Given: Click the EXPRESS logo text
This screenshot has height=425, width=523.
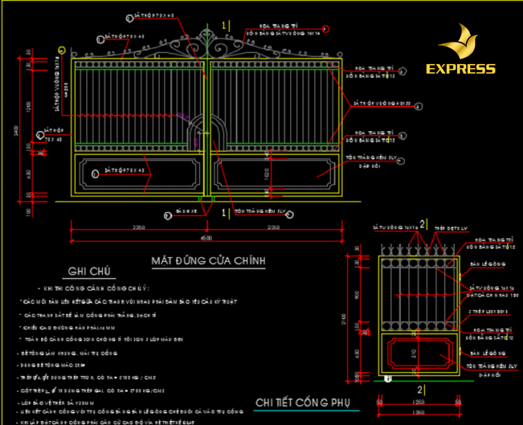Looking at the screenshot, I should click(x=460, y=69).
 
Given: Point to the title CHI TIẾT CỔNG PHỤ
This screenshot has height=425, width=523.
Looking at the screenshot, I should click(x=303, y=401).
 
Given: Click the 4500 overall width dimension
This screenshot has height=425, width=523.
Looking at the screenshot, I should click(x=207, y=238).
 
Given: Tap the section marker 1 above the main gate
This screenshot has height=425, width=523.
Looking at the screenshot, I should click(x=224, y=25).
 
